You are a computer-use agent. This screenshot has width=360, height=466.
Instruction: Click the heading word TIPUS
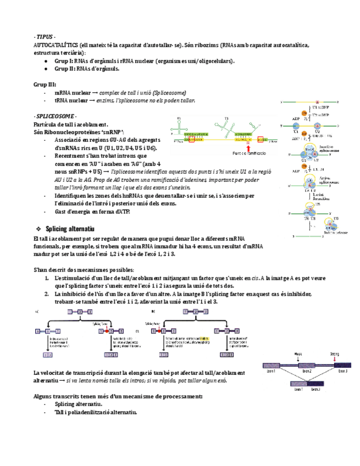click(x=45, y=36)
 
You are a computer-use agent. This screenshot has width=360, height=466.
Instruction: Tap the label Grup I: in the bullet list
click(x=65, y=61)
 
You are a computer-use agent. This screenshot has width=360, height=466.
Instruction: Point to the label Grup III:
click(x=45, y=85)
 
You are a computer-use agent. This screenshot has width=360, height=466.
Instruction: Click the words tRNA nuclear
click(x=71, y=101)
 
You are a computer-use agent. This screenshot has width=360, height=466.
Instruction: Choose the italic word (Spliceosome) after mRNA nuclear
click(x=169, y=93)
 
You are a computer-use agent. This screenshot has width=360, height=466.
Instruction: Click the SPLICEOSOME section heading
click(x=56, y=117)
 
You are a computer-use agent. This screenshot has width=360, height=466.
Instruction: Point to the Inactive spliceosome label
click(x=328, y=149)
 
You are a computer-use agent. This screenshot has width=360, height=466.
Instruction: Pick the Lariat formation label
click(x=328, y=195)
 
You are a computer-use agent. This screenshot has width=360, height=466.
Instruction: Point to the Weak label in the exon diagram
click(x=297, y=354)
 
